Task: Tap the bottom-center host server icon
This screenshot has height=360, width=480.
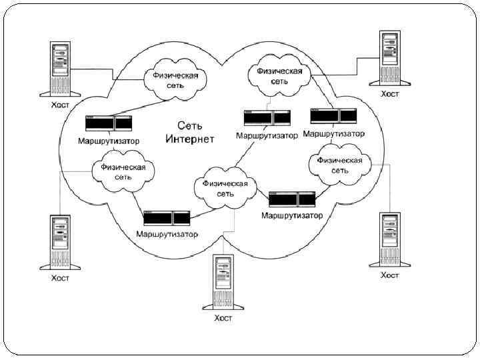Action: tap(223, 283)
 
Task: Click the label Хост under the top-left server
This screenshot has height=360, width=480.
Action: tap(60, 105)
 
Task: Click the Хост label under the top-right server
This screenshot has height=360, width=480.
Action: tap(390, 94)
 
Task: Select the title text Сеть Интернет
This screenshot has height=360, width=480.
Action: tap(190, 132)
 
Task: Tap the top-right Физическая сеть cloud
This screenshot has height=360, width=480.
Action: tap(279, 75)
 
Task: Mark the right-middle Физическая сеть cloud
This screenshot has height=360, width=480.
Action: tap(340, 165)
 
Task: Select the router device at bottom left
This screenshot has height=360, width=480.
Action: tap(167, 217)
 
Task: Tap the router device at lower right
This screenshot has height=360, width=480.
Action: tap(292, 199)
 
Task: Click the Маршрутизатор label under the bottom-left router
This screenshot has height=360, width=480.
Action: tap(167, 234)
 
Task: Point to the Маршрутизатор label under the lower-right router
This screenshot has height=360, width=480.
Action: tap(292, 215)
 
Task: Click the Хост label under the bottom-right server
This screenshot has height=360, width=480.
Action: tap(390, 275)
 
